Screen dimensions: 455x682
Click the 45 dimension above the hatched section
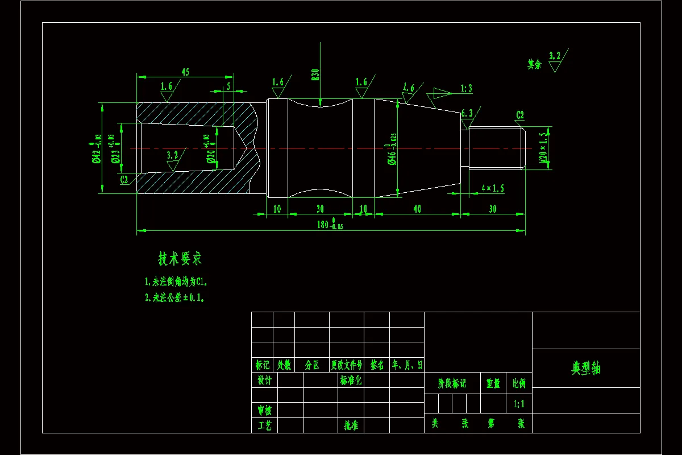pyautogui.click(x=185, y=72)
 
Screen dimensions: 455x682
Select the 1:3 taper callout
pyautogui.click(x=466, y=89)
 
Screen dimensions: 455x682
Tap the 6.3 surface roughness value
pyautogui.click(x=467, y=113)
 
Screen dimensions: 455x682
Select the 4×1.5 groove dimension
pyautogui.click(x=492, y=188)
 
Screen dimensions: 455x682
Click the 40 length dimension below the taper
pyautogui.click(x=417, y=209)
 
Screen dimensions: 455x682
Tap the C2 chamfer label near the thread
pyautogui.click(x=519, y=115)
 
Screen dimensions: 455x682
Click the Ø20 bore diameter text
pyautogui.click(x=211, y=150)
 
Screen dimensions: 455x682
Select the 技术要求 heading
pyautogui.click(x=180, y=259)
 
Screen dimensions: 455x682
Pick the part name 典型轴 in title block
pyautogui.click(x=585, y=369)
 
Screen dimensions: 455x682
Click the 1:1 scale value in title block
pyautogui.click(x=519, y=404)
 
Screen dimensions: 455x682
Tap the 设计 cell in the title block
pyautogui.click(x=264, y=380)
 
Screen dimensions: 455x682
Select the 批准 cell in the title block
pyautogui.click(x=351, y=425)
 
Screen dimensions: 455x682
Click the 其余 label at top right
pyautogui.click(x=534, y=64)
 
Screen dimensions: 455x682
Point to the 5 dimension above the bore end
pyautogui.click(x=228, y=86)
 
